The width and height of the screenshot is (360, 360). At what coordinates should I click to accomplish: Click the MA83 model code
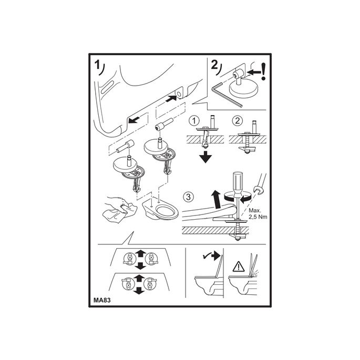(x=102, y=300)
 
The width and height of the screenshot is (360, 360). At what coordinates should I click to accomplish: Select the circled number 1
(x=194, y=120)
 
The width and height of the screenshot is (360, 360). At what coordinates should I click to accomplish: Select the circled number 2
(x=237, y=120)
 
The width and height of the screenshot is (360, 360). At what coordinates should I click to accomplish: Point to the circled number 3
(x=188, y=197)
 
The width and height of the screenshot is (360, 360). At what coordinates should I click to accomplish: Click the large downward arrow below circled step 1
(x=205, y=157)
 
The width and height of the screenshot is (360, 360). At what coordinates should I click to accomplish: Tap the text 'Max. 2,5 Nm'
(x=258, y=213)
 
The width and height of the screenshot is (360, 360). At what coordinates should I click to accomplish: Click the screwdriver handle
(x=237, y=183)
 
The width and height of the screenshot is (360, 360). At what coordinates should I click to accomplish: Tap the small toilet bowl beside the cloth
(x=160, y=209)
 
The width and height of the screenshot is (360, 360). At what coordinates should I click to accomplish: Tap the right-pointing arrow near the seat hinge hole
(x=171, y=99)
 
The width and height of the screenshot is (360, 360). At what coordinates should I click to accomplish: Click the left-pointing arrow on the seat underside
(x=135, y=120)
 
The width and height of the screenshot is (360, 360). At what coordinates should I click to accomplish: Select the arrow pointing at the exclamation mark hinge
(x=254, y=72)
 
